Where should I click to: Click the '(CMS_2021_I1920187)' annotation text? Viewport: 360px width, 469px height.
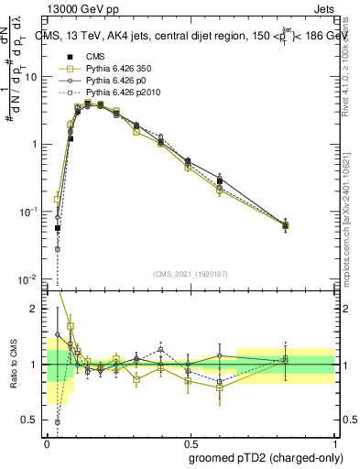pos(190,273)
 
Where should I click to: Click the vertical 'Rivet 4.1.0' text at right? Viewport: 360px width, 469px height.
pos(345,64)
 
